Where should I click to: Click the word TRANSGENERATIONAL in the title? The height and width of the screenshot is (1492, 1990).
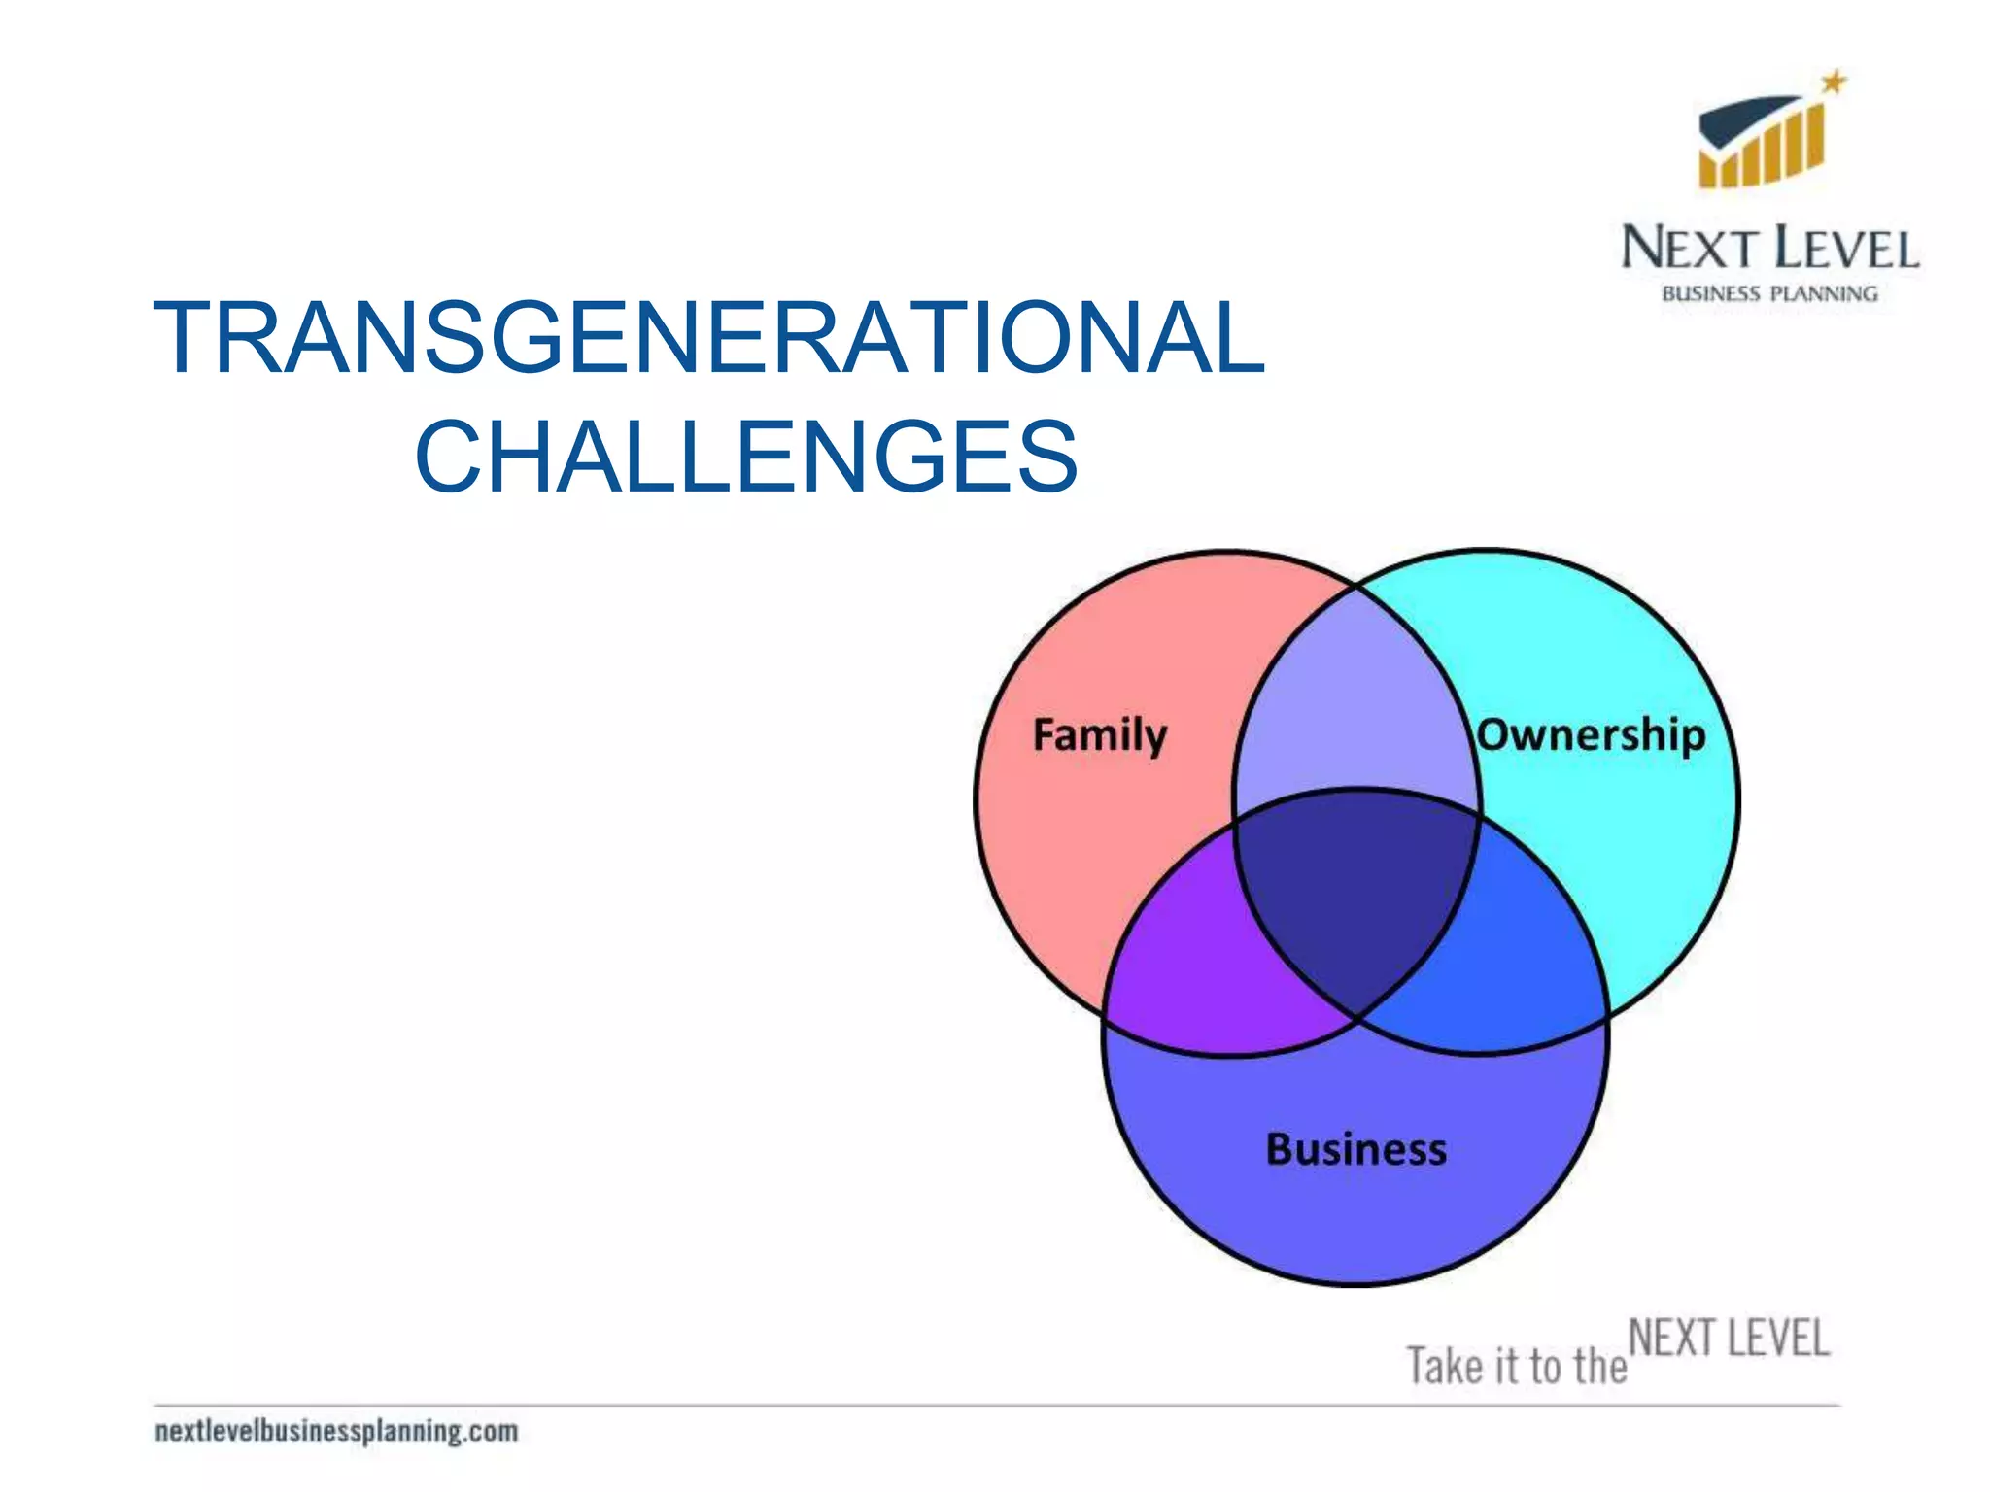click(709, 337)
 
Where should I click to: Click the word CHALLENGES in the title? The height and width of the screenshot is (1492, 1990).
click(746, 457)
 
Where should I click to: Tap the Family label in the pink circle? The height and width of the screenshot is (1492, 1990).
click(1099, 735)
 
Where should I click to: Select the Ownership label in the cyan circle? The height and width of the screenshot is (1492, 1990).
click(1591, 734)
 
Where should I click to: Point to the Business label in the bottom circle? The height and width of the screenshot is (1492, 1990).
click(1355, 1149)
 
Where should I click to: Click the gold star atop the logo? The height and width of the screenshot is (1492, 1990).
click(1833, 83)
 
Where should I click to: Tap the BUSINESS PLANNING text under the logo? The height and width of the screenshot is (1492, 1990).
click(1769, 293)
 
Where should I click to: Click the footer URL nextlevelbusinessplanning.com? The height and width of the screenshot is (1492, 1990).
click(336, 1431)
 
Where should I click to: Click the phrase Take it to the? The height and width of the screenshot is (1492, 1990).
click(1516, 1366)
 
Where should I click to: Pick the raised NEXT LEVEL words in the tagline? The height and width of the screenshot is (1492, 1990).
click(1729, 1338)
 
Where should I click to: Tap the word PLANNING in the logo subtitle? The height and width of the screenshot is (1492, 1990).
click(1824, 293)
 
